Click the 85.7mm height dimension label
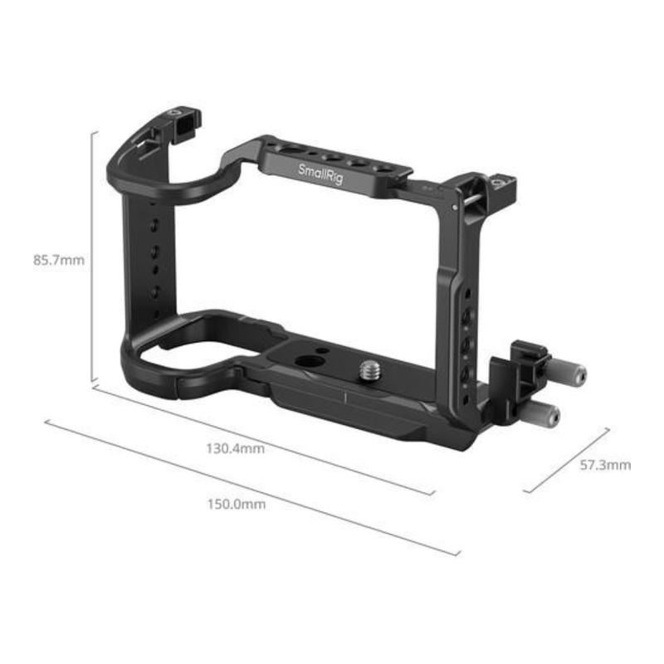[x=59, y=260]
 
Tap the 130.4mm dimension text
[x=236, y=448]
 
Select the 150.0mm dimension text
[x=237, y=505]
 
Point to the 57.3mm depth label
[x=605, y=466]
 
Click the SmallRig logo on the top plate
[x=320, y=174]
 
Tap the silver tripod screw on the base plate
[x=370, y=369]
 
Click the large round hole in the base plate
[x=305, y=362]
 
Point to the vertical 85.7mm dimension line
[x=92, y=256]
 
